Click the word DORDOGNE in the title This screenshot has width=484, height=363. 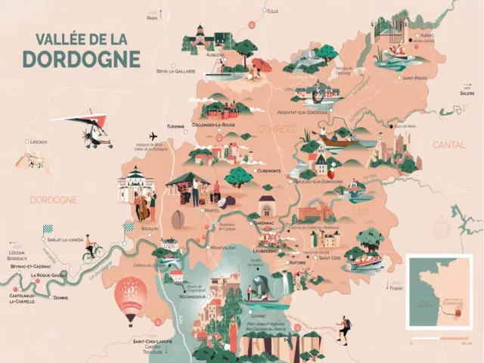pos(81,58)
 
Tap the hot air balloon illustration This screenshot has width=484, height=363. pos(130,296)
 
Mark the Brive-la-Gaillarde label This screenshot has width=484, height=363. pos(175,71)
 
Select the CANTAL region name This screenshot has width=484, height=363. pos(450,144)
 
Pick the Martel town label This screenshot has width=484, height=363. pos(212,211)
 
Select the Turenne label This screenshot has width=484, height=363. pos(176,126)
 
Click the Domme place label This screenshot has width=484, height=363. pos(62,298)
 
